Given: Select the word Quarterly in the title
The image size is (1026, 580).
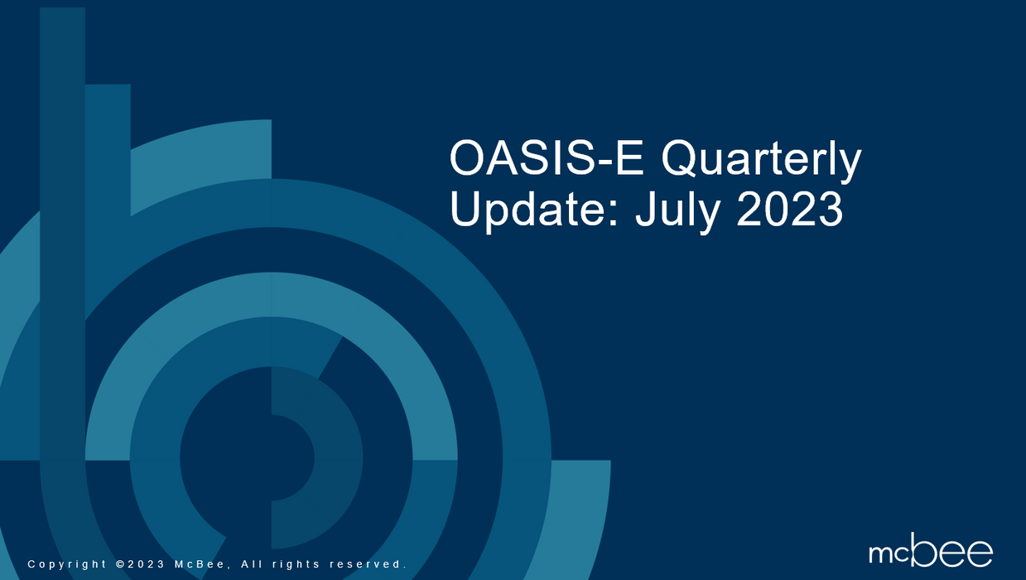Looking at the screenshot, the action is [x=761, y=162].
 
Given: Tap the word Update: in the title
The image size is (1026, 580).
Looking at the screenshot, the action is [x=534, y=210].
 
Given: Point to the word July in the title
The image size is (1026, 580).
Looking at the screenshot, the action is [x=677, y=210].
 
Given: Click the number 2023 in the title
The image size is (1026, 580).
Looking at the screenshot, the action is [x=789, y=209].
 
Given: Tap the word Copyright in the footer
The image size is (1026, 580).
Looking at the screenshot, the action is [x=67, y=564].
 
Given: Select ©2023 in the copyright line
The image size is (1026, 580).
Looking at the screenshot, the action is [x=141, y=564].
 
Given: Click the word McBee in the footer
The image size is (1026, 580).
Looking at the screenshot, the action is [x=200, y=564].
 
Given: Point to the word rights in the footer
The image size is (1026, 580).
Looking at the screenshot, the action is [x=296, y=564].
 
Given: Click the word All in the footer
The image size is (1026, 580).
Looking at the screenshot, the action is [x=252, y=564].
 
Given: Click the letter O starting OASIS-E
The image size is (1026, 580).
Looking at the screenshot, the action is [x=467, y=158].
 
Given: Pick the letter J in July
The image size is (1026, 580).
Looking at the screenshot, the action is [x=645, y=209].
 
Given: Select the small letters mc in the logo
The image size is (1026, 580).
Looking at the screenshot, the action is [x=889, y=553].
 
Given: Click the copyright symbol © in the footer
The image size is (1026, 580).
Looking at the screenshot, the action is [x=121, y=564].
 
